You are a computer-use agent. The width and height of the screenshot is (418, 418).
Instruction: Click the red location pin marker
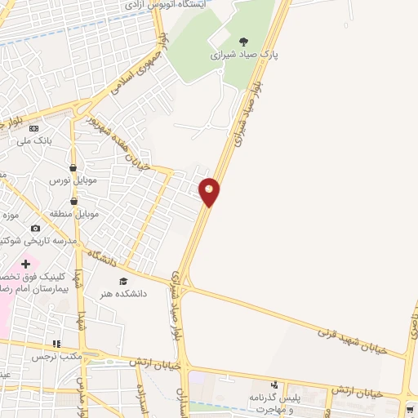click(210, 191)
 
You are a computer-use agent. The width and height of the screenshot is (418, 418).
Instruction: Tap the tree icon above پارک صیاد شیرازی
click(243, 41)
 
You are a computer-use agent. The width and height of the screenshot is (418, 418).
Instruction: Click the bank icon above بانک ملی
click(33, 128)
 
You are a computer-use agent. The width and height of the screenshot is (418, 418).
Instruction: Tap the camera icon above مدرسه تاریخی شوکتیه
click(35, 229)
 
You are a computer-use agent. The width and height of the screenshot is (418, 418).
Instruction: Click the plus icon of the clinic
click(26, 264)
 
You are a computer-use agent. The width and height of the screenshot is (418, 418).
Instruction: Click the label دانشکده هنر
click(123, 293)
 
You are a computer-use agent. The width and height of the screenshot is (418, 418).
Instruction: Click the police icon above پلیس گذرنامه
click(274, 385)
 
